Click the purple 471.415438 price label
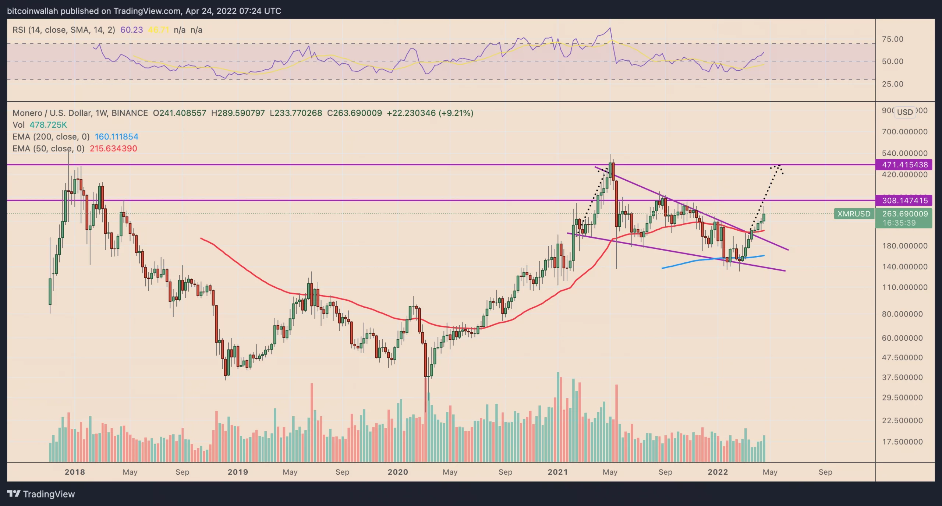(x=904, y=164)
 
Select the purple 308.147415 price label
(x=904, y=201)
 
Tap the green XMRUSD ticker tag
(x=854, y=214)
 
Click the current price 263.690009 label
(x=904, y=214)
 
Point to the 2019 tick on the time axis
(x=238, y=472)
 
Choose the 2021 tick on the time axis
(x=557, y=472)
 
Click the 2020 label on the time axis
(x=397, y=472)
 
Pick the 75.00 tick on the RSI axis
(x=892, y=39)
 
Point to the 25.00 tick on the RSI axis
(x=892, y=84)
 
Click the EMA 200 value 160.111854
(x=116, y=137)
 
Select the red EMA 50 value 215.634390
(x=113, y=148)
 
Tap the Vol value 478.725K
(x=48, y=125)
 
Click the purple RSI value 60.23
(x=131, y=30)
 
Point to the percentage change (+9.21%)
(x=456, y=113)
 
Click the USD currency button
(x=904, y=112)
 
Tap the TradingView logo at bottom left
(x=41, y=494)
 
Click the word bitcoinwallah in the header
(x=32, y=11)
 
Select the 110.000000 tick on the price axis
(x=904, y=287)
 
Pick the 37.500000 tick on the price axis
(x=902, y=377)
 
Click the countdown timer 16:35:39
(x=899, y=223)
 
